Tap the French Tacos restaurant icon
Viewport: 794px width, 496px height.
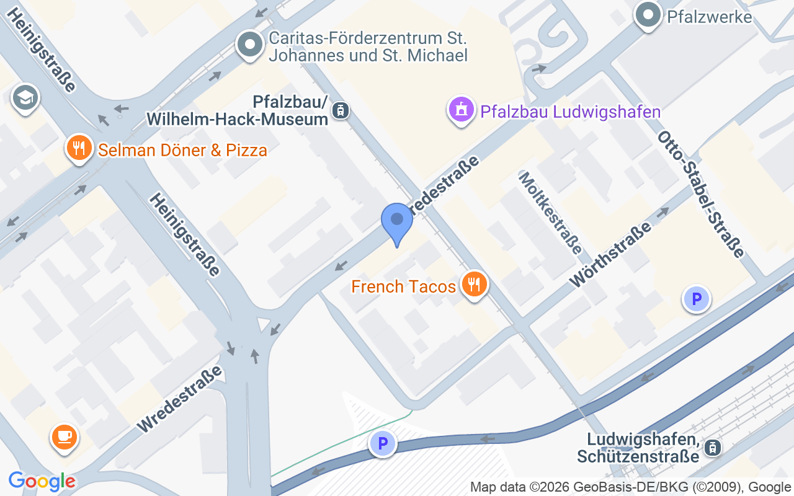tap(475, 285)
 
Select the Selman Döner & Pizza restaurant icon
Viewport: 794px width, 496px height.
tap(79, 148)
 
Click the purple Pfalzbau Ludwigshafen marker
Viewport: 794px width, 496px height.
tap(461, 110)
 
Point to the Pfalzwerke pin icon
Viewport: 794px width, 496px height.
tap(648, 14)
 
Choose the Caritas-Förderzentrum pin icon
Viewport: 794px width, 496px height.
tap(250, 45)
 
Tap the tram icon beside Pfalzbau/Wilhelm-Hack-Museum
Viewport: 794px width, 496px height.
tap(340, 111)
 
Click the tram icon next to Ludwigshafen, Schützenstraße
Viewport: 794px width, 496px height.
tap(713, 448)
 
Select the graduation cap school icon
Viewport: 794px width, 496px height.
tap(25, 97)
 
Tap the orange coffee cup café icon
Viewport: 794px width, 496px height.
tap(64, 437)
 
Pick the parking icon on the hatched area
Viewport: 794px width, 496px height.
tap(383, 444)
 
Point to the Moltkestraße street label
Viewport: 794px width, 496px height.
tap(550, 213)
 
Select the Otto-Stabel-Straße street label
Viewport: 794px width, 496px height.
tap(700, 194)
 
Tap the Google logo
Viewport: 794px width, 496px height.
tap(42, 481)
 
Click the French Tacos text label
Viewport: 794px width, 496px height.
tap(403, 286)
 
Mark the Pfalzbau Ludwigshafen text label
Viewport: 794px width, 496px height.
tap(570, 112)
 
